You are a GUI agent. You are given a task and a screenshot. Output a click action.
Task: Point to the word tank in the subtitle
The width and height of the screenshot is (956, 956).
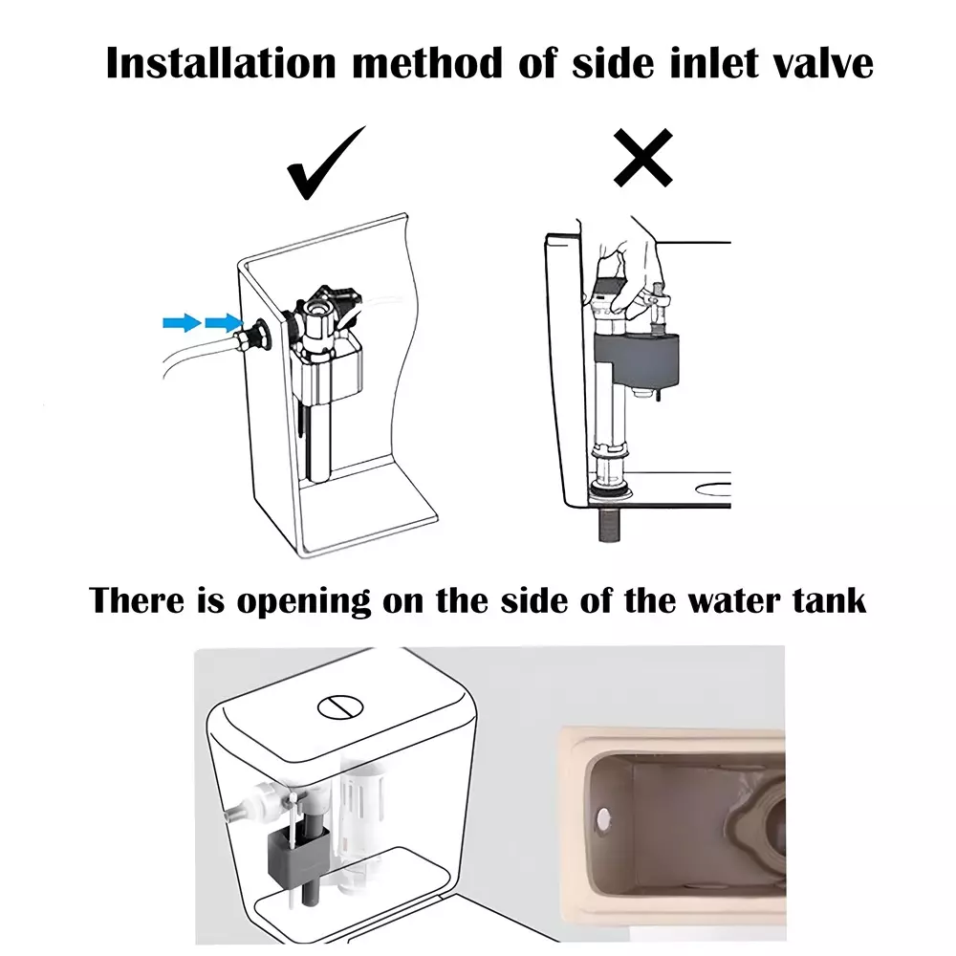[826, 601]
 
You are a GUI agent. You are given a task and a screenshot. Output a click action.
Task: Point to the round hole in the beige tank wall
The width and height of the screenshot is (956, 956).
[603, 815]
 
